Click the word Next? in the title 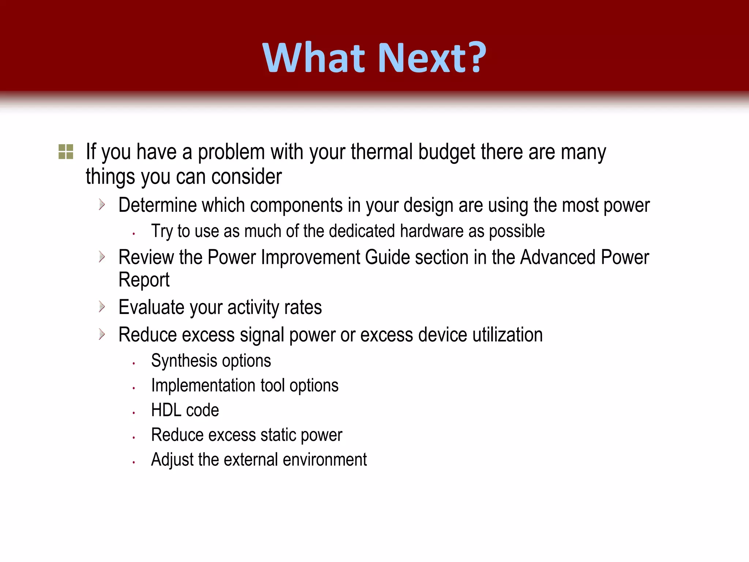432,58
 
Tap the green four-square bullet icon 66,151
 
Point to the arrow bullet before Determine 102,205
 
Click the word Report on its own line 144,280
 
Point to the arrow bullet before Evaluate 102,307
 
